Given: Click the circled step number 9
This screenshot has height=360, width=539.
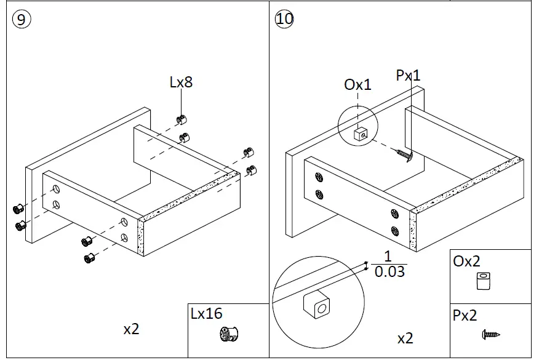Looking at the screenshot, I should pos(21,18).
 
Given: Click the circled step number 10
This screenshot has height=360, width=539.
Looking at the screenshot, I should pos(285,18).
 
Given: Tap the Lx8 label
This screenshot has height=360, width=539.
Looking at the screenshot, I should pos(181,82).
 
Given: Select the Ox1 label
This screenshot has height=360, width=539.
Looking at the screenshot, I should pos(357,84).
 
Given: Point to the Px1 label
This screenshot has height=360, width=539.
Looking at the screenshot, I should pos(408,75).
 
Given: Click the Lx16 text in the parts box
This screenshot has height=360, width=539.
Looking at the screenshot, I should pos(206,314).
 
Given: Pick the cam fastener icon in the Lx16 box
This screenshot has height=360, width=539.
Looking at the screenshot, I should pos(229,335).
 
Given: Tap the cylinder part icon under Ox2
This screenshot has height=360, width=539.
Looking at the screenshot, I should pos(484,282).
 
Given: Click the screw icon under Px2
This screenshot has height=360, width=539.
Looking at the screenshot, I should pos(490,335).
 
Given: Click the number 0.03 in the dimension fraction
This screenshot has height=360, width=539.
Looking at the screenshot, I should pos(389,271).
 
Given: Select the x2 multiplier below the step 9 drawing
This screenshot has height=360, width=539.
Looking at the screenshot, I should pos(131,329).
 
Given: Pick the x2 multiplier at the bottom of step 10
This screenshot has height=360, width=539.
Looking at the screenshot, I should pos(405,338).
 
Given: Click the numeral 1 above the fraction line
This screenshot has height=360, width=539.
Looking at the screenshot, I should pos(388,257).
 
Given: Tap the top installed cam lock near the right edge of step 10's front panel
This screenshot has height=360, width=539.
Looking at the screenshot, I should pos(394,215).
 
